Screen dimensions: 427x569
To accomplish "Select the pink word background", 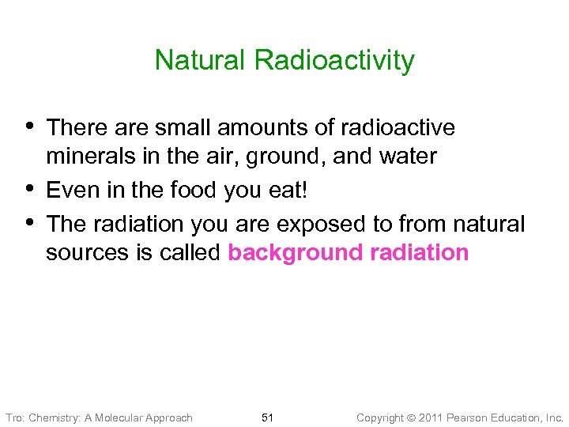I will (x=293, y=253).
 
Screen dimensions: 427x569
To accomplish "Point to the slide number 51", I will (x=267, y=418).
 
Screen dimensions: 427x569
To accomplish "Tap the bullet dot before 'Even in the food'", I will (x=29, y=188).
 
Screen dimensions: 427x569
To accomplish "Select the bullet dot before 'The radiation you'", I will (x=29, y=221).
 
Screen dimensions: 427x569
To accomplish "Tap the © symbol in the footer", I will (x=411, y=418).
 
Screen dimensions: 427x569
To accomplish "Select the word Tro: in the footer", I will (x=15, y=418).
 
